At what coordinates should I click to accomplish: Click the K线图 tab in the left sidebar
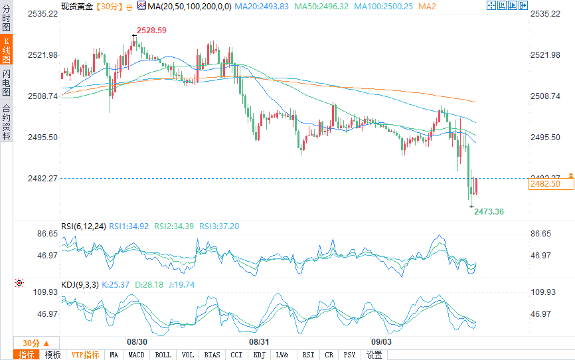point(6,50)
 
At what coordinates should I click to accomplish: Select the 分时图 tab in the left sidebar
point(6,19)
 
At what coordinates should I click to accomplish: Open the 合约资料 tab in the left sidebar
point(6,122)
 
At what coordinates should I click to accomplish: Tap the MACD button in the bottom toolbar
point(136,355)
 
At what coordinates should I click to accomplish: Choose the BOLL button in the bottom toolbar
point(163,355)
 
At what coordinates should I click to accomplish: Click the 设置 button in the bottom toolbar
point(374,355)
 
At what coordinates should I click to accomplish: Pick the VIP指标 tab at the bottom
point(85,355)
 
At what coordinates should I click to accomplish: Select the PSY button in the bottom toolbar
point(350,355)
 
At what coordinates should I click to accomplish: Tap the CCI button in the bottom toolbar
point(236,355)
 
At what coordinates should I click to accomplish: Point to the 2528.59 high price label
point(151,31)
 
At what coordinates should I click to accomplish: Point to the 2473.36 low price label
point(489,212)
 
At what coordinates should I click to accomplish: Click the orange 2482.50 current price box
point(544,184)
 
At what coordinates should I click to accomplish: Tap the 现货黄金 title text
point(77,6)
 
